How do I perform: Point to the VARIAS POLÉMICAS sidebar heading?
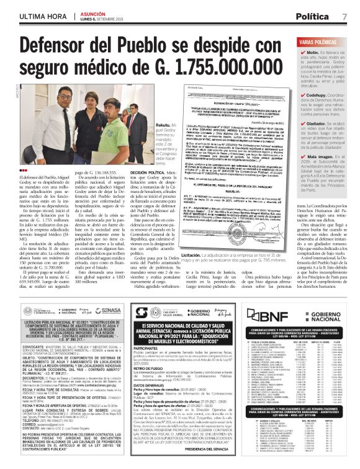[x=322, y=42]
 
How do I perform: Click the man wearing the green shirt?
[x=114, y=127]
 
